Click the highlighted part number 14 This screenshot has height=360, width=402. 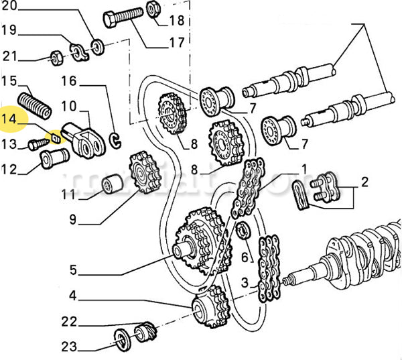tap(11, 120)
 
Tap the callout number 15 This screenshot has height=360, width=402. tap(9, 81)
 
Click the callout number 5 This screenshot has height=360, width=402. tap(75, 272)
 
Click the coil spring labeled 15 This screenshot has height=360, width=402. tap(33, 104)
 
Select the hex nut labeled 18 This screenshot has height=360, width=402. tap(153, 10)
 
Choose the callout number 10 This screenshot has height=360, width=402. tap(68, 106)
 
